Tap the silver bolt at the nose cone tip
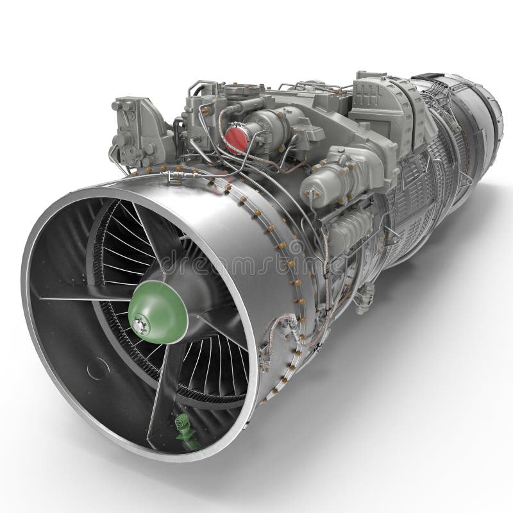137,328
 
